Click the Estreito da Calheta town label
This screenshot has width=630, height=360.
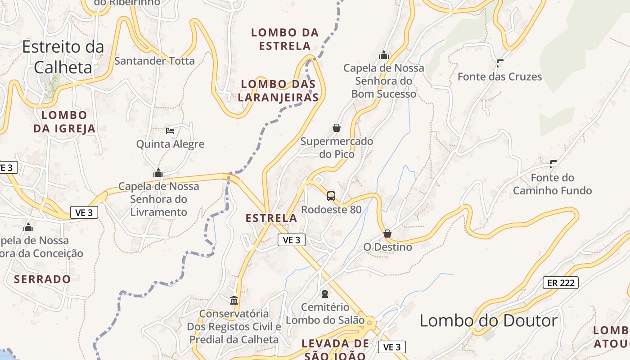63,57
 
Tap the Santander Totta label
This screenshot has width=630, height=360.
154,61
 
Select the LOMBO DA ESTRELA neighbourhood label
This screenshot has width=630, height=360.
285,39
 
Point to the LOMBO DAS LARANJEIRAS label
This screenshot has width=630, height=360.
279,90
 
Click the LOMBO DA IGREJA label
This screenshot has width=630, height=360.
64,122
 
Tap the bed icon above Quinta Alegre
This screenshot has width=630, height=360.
170,131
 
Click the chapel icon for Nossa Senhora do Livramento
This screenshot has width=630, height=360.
158,173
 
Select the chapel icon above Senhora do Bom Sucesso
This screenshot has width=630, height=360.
384,55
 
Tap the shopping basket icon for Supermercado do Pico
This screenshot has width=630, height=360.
336,128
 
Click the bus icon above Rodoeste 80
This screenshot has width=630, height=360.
331,196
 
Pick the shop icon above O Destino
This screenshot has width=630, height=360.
387,234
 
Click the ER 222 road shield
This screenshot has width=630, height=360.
560,283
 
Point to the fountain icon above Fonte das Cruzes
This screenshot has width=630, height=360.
500,63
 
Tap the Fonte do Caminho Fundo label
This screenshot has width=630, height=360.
552,184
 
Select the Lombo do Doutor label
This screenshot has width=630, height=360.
488,321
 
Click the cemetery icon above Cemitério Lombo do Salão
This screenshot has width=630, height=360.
325,294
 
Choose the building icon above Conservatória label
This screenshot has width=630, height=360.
234,300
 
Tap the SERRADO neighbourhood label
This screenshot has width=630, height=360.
42,279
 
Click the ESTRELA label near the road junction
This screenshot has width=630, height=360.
271,218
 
